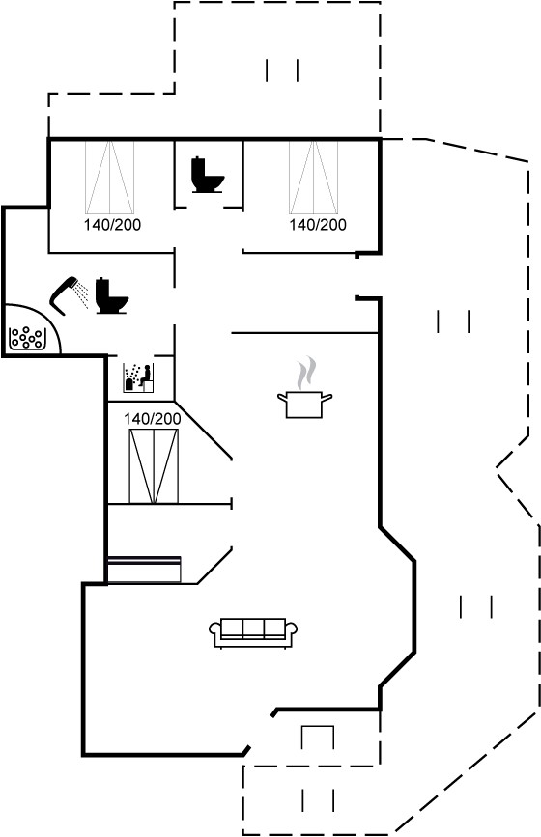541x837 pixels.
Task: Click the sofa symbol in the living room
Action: pos(253,633)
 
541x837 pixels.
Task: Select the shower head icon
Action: pos(64,294)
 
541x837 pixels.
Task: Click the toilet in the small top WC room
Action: pos(207,175)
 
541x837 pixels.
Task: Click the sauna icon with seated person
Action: pos(139,377)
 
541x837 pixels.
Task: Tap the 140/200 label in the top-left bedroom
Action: pos(112,225)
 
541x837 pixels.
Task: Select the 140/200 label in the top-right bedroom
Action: pos(318,225)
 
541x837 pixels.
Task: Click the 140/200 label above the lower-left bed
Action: pos(153,419)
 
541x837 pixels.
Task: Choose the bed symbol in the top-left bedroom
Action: pos(109,178)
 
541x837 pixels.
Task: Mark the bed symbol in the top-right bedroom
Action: pos(314,178)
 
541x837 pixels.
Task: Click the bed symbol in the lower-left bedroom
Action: pos(154,465)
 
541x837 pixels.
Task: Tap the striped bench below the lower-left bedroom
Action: pos(144,570)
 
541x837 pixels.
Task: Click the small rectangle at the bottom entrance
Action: pos(318,738)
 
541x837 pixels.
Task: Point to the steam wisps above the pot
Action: pos(306,375)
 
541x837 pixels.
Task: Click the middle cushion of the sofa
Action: pos(253,628)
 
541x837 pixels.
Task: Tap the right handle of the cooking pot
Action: pos(327,397)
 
